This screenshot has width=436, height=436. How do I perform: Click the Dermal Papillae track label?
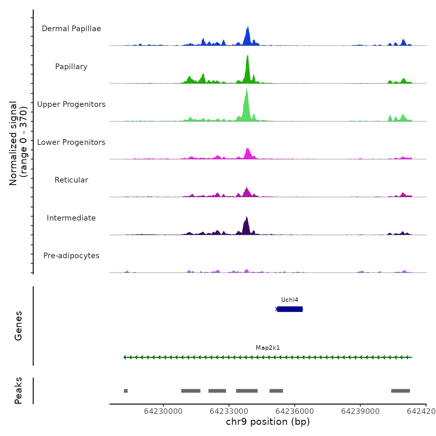click(71, 29)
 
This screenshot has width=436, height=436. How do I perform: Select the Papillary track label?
click(71, 67)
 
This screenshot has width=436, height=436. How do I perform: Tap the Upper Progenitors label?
click(71, 104)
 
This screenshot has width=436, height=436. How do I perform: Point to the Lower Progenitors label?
click(71, 142)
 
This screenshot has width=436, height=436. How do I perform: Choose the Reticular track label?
click(71, 180)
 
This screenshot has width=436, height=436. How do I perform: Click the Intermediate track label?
click(71, 218)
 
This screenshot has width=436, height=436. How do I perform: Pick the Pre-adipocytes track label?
click(71, 256)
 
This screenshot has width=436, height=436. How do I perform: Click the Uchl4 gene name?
click(290, 300)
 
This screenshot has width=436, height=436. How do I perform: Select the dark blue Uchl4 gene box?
click(290, 309)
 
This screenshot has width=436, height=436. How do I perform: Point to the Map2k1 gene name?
click(268, 348)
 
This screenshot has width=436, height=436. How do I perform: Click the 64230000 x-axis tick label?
click(163, 411)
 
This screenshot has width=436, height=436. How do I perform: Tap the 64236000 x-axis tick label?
click(295, 411)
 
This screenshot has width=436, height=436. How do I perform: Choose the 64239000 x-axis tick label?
click(360, 411)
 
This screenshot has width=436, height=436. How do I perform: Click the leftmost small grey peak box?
click(126, 391)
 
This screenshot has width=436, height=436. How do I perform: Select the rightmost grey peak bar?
click(400, 391)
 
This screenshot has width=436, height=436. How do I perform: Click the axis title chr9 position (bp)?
click(268, 422)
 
